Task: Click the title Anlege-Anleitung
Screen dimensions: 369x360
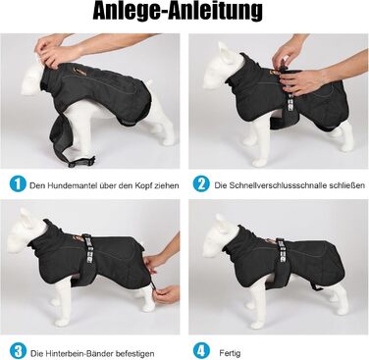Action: click(x=178, y=12)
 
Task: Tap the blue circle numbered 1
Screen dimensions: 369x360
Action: click(x=18, y=183)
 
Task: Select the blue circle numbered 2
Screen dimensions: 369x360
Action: click(x=201, y=183)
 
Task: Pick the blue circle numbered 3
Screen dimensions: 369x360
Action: click(x=18, y=351)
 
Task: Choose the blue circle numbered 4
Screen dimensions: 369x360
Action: click(x=201, y=351)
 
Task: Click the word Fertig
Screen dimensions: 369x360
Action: click(x=230, y=353)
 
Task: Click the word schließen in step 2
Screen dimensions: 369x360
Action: click(x=346, y=185)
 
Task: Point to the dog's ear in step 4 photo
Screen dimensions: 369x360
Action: click(x=221, y=222)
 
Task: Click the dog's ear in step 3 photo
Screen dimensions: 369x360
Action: click(x=26, y=217)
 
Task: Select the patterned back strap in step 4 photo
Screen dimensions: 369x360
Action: click(x=282, y=253)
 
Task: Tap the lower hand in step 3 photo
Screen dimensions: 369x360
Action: click(x=167, y=293)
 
